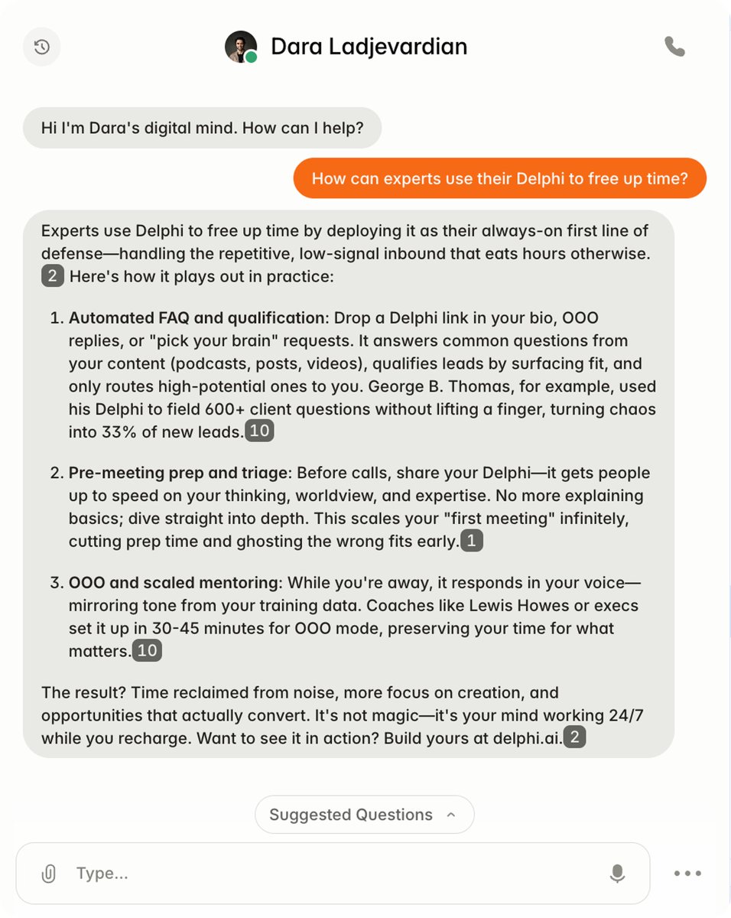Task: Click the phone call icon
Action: pyautogui.click(x=674, y=47)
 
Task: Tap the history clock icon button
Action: pyautogui.click(x=42, y=47)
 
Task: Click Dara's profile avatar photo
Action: pyautogui.click(x=240, y=47)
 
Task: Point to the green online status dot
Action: pyautogui.click(x=252, y=57)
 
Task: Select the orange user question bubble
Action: pyautogui.click(x=499, y=178)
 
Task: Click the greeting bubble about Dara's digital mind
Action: pyautogui.click(x=202, y=128)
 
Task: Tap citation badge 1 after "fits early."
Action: pyautogui.click(x=472, y=542)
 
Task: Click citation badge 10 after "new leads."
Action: pyautogui.click(x=259, y=431)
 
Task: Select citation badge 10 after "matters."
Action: pyautogui.click(x=147, y=651)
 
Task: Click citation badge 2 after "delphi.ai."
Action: pyautogui.click(x=574, y=738)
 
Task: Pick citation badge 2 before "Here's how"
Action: pyautogui.click(x=52, y=276)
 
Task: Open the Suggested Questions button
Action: pyautogui.click(x=364, y=815)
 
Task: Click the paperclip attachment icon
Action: pyautogui.click(x=48, y=874)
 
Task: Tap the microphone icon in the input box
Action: pyautogui.click(x=617, y=874)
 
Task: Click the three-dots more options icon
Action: pyautogui.click(x=687, y=874)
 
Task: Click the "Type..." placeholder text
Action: pyautogui.click(x=102, y=874)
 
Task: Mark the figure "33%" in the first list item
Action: pyautogui.click(x=121, y=432)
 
